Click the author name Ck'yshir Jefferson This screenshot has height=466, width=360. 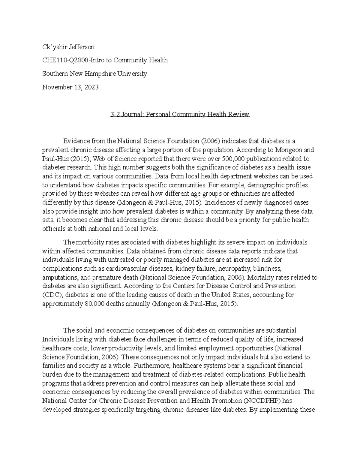(68, 47)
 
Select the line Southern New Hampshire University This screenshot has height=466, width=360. (94, 74)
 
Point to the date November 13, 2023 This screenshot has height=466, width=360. (70, 87)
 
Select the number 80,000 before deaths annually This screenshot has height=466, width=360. (91, 304)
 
